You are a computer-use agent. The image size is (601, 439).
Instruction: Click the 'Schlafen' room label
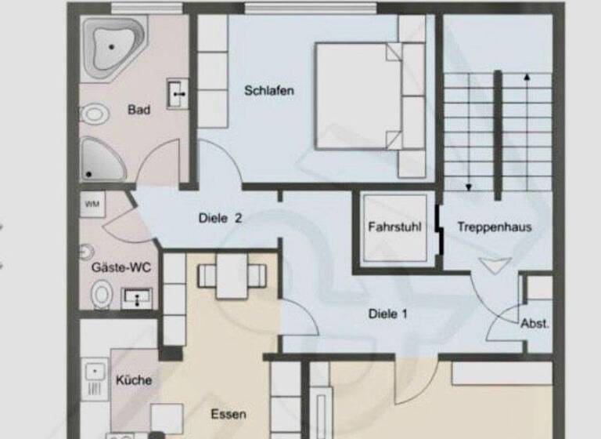coord(269,91)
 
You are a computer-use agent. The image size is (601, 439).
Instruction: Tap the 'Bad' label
coord(139,111)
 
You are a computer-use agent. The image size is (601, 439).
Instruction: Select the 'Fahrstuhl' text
coord(395,227)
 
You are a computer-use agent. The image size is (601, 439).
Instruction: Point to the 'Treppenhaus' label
coord(495,227)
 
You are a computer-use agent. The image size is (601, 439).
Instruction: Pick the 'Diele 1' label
coord(388,314)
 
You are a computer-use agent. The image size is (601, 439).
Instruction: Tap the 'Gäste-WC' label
coord(121,268)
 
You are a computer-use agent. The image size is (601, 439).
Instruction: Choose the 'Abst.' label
coord(535,323)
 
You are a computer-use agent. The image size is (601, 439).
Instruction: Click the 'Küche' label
coord(133,380)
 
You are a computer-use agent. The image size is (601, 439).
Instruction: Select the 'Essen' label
coord(229,415)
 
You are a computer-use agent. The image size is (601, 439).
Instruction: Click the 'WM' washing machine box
coord(92,205)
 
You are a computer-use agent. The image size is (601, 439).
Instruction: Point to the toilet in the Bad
coord(94,114)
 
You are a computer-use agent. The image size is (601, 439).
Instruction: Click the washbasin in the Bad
coord(178,94)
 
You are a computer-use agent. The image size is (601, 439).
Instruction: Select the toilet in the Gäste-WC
coord(102,296)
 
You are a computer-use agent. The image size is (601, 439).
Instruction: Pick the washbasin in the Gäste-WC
coord(137,297)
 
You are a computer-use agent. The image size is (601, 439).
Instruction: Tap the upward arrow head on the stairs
coord(527,77)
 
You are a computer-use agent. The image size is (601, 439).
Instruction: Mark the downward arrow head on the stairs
coord(469,187)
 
